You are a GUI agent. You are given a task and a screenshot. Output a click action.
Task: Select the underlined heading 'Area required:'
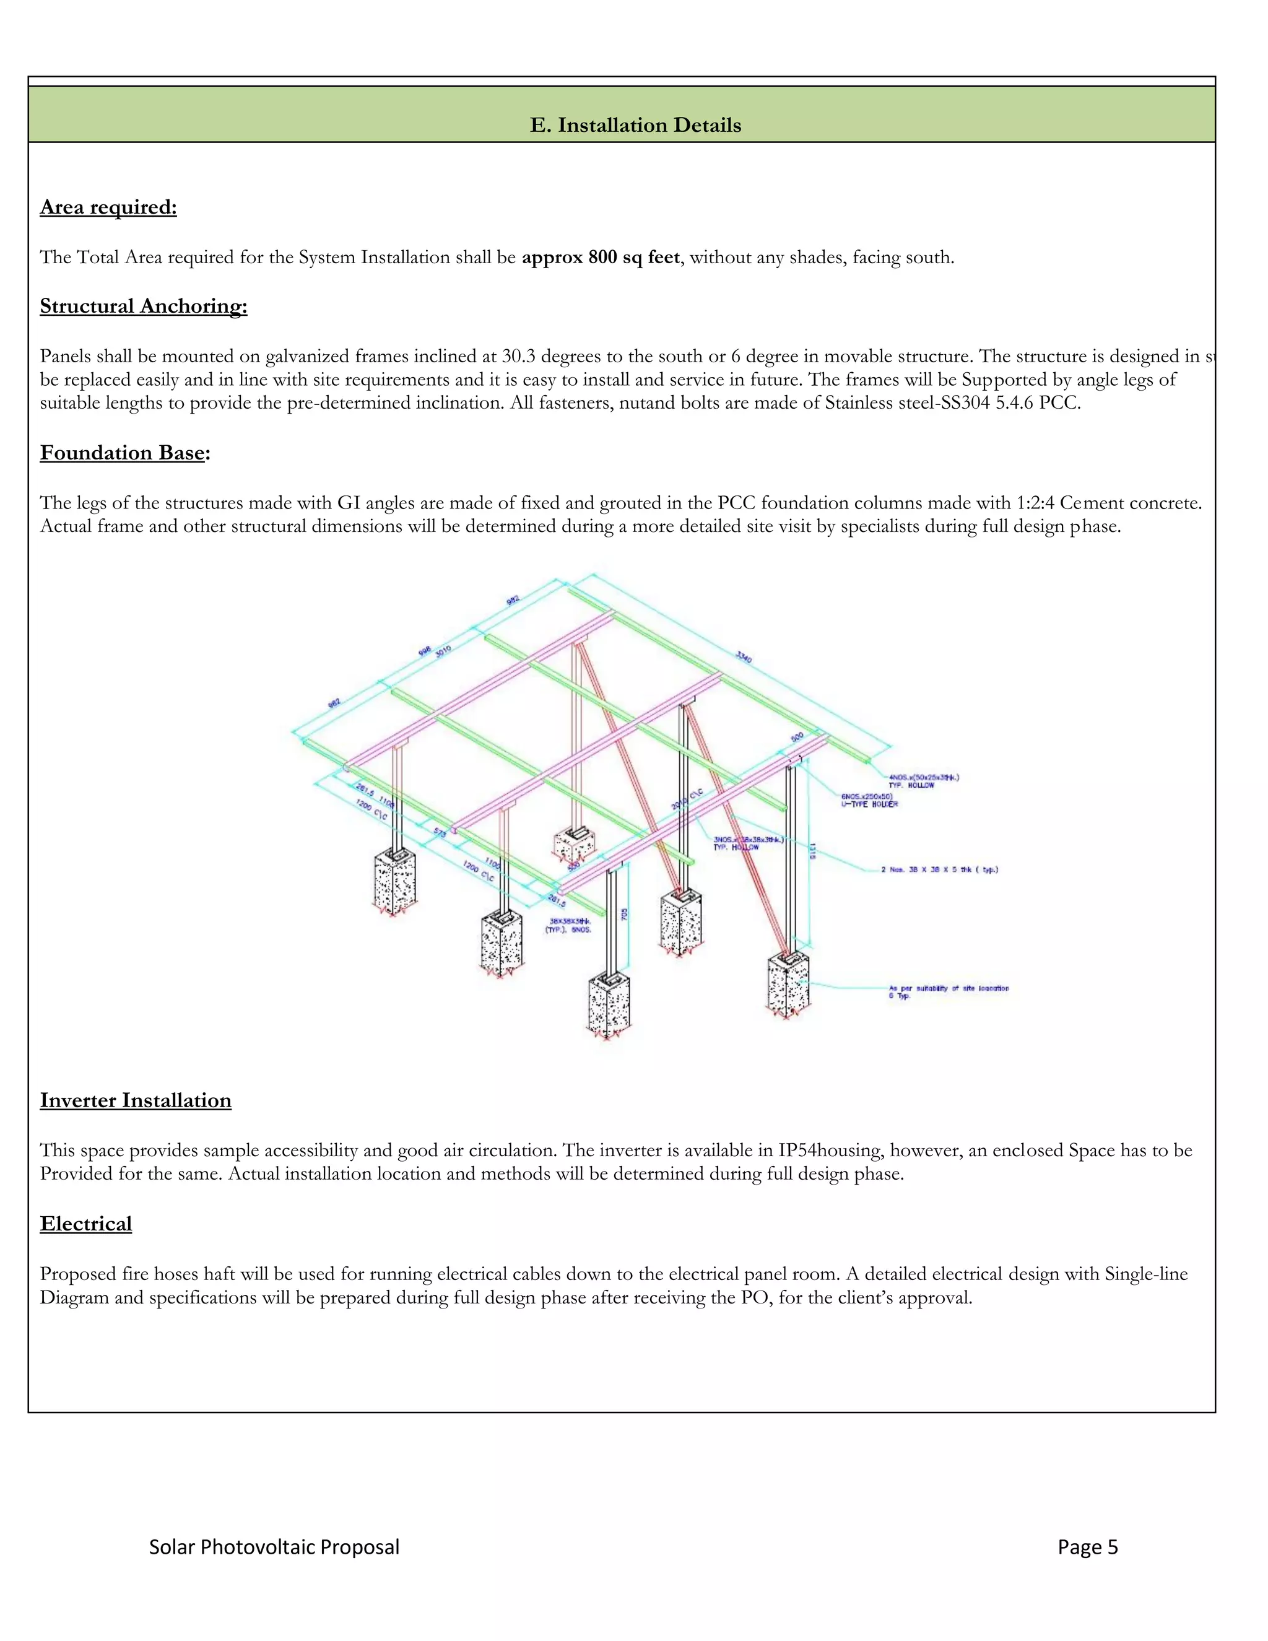click(x=108, y=207)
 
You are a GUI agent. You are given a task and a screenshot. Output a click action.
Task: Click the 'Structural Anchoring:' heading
click(x=144, y=307)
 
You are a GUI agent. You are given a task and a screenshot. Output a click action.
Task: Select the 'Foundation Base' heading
click(x=123, y=453)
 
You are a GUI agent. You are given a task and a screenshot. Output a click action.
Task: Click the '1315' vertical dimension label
click(x=812, y=851)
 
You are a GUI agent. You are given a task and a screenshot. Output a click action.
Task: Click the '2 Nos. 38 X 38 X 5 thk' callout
click(x=939, y=869)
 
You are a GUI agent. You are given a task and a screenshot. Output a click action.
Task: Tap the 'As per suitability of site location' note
click(x=948, y=988)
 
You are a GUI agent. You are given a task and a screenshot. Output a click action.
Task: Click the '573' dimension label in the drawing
click(x=440, y=834)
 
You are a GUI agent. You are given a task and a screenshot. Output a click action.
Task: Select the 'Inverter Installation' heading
click(x=135, y=1101)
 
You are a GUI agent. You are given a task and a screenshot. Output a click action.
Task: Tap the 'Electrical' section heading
click(x=85, y=1224)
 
